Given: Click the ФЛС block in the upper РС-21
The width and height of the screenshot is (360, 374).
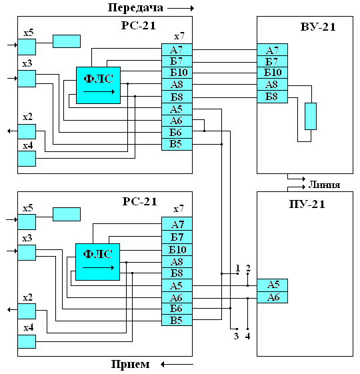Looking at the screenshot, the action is tap(98, 85).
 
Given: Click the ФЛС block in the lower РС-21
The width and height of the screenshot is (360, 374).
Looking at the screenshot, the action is tap(97, 262).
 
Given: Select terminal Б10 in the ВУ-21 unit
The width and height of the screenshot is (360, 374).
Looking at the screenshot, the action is tap(272, 73).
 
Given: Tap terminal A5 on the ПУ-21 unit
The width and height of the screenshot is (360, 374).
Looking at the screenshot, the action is tap(272, 285).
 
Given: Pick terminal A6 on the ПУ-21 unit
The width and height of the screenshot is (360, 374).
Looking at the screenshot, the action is tap(272, 297).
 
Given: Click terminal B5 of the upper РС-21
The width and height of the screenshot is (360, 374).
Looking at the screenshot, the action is tap(177, 144).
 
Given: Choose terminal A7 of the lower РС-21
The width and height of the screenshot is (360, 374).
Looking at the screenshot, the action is tap(177, 224).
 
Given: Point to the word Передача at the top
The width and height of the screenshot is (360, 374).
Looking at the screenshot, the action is tap(135, 8).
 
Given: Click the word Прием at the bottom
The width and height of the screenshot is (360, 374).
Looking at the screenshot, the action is tap(130, 364).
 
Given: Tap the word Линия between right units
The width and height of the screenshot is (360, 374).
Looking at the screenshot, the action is tap(324, 185).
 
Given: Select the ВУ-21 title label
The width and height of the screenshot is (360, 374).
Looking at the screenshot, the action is tap(318, 27).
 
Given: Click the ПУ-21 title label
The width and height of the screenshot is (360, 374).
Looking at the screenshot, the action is tap(307, 204).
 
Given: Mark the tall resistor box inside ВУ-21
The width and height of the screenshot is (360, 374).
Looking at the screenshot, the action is tap(311, 117).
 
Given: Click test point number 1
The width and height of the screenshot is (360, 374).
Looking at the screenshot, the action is tap(237, 268).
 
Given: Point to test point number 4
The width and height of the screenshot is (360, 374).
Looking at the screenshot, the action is tap(247, 336).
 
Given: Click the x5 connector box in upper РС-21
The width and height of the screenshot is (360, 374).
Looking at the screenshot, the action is tap(27, 47).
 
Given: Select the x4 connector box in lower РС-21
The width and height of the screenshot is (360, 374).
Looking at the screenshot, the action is tap(27, 341).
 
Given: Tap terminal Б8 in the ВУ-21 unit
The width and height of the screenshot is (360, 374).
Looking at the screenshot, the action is tap(272, 97).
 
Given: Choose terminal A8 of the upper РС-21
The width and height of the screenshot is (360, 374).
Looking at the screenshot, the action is tap(177, 85).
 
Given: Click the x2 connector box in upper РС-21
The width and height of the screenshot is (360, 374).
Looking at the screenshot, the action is tap(27, 131).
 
